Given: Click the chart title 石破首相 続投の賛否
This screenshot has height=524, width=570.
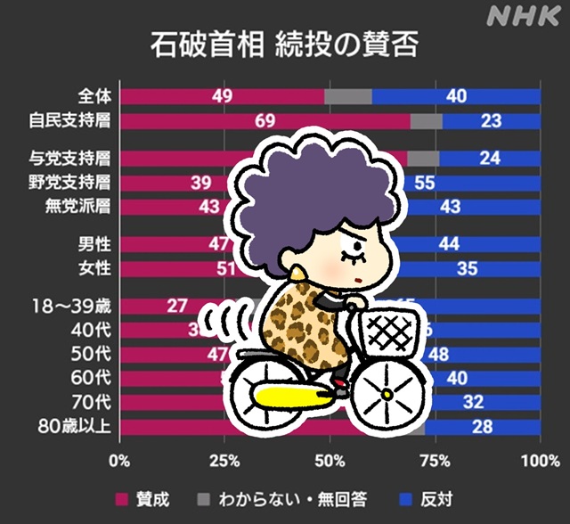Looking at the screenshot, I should [282, 45].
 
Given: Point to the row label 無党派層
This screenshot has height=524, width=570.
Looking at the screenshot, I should [78, 206].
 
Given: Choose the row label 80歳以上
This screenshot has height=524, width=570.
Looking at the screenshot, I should [77, 426].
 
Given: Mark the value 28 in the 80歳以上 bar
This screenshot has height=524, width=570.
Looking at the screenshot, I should [483, 426].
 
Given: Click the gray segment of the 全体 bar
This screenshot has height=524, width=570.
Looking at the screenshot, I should [347, 96].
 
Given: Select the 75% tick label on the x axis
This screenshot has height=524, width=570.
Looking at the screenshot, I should [434, 461].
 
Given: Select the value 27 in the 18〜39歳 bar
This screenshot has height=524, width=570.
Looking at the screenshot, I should [177, 306].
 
